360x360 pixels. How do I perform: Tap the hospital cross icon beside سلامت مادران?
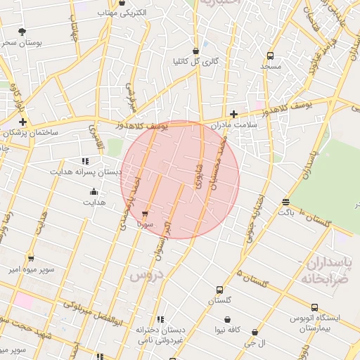point(234,114)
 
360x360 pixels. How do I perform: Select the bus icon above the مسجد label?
point(271,56)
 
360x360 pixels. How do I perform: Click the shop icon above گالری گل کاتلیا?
point(195,51)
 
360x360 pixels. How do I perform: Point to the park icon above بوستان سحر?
point(22,32)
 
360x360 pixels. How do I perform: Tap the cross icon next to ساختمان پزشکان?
point(22,122)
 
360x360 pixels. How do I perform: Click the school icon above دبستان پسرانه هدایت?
point(86,161)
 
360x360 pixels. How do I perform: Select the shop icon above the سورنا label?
point(145,214)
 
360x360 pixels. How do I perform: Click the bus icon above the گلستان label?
point(219,290)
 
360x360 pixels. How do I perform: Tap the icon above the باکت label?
point(285,201)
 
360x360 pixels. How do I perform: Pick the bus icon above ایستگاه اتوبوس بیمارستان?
point(314,307)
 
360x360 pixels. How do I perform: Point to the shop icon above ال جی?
point(255,333)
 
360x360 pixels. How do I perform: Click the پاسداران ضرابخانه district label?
point(329,270)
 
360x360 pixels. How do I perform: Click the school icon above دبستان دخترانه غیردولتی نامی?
point(160,319)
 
